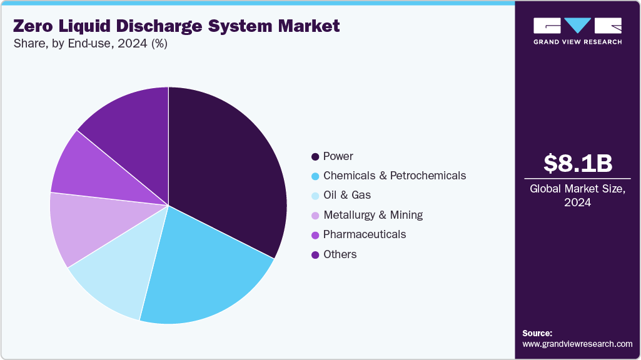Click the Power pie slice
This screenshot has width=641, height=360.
coord(231,175)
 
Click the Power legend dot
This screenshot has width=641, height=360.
coord(316,156)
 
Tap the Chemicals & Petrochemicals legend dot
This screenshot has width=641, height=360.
coord(316,176)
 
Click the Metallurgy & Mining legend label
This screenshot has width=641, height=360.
coord(373,215)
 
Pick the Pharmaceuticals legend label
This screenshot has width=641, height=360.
coord(365,234)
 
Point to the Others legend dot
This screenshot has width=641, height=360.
coord(316,254)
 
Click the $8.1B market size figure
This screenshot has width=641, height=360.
coord(578,164)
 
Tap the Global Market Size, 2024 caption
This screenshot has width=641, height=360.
coord(578,196)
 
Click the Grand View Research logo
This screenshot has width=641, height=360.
coord(578,31)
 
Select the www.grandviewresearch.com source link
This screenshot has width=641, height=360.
coord(577,344)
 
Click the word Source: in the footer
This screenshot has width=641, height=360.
coord(537,333)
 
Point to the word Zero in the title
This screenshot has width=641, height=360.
coord(35,26)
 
